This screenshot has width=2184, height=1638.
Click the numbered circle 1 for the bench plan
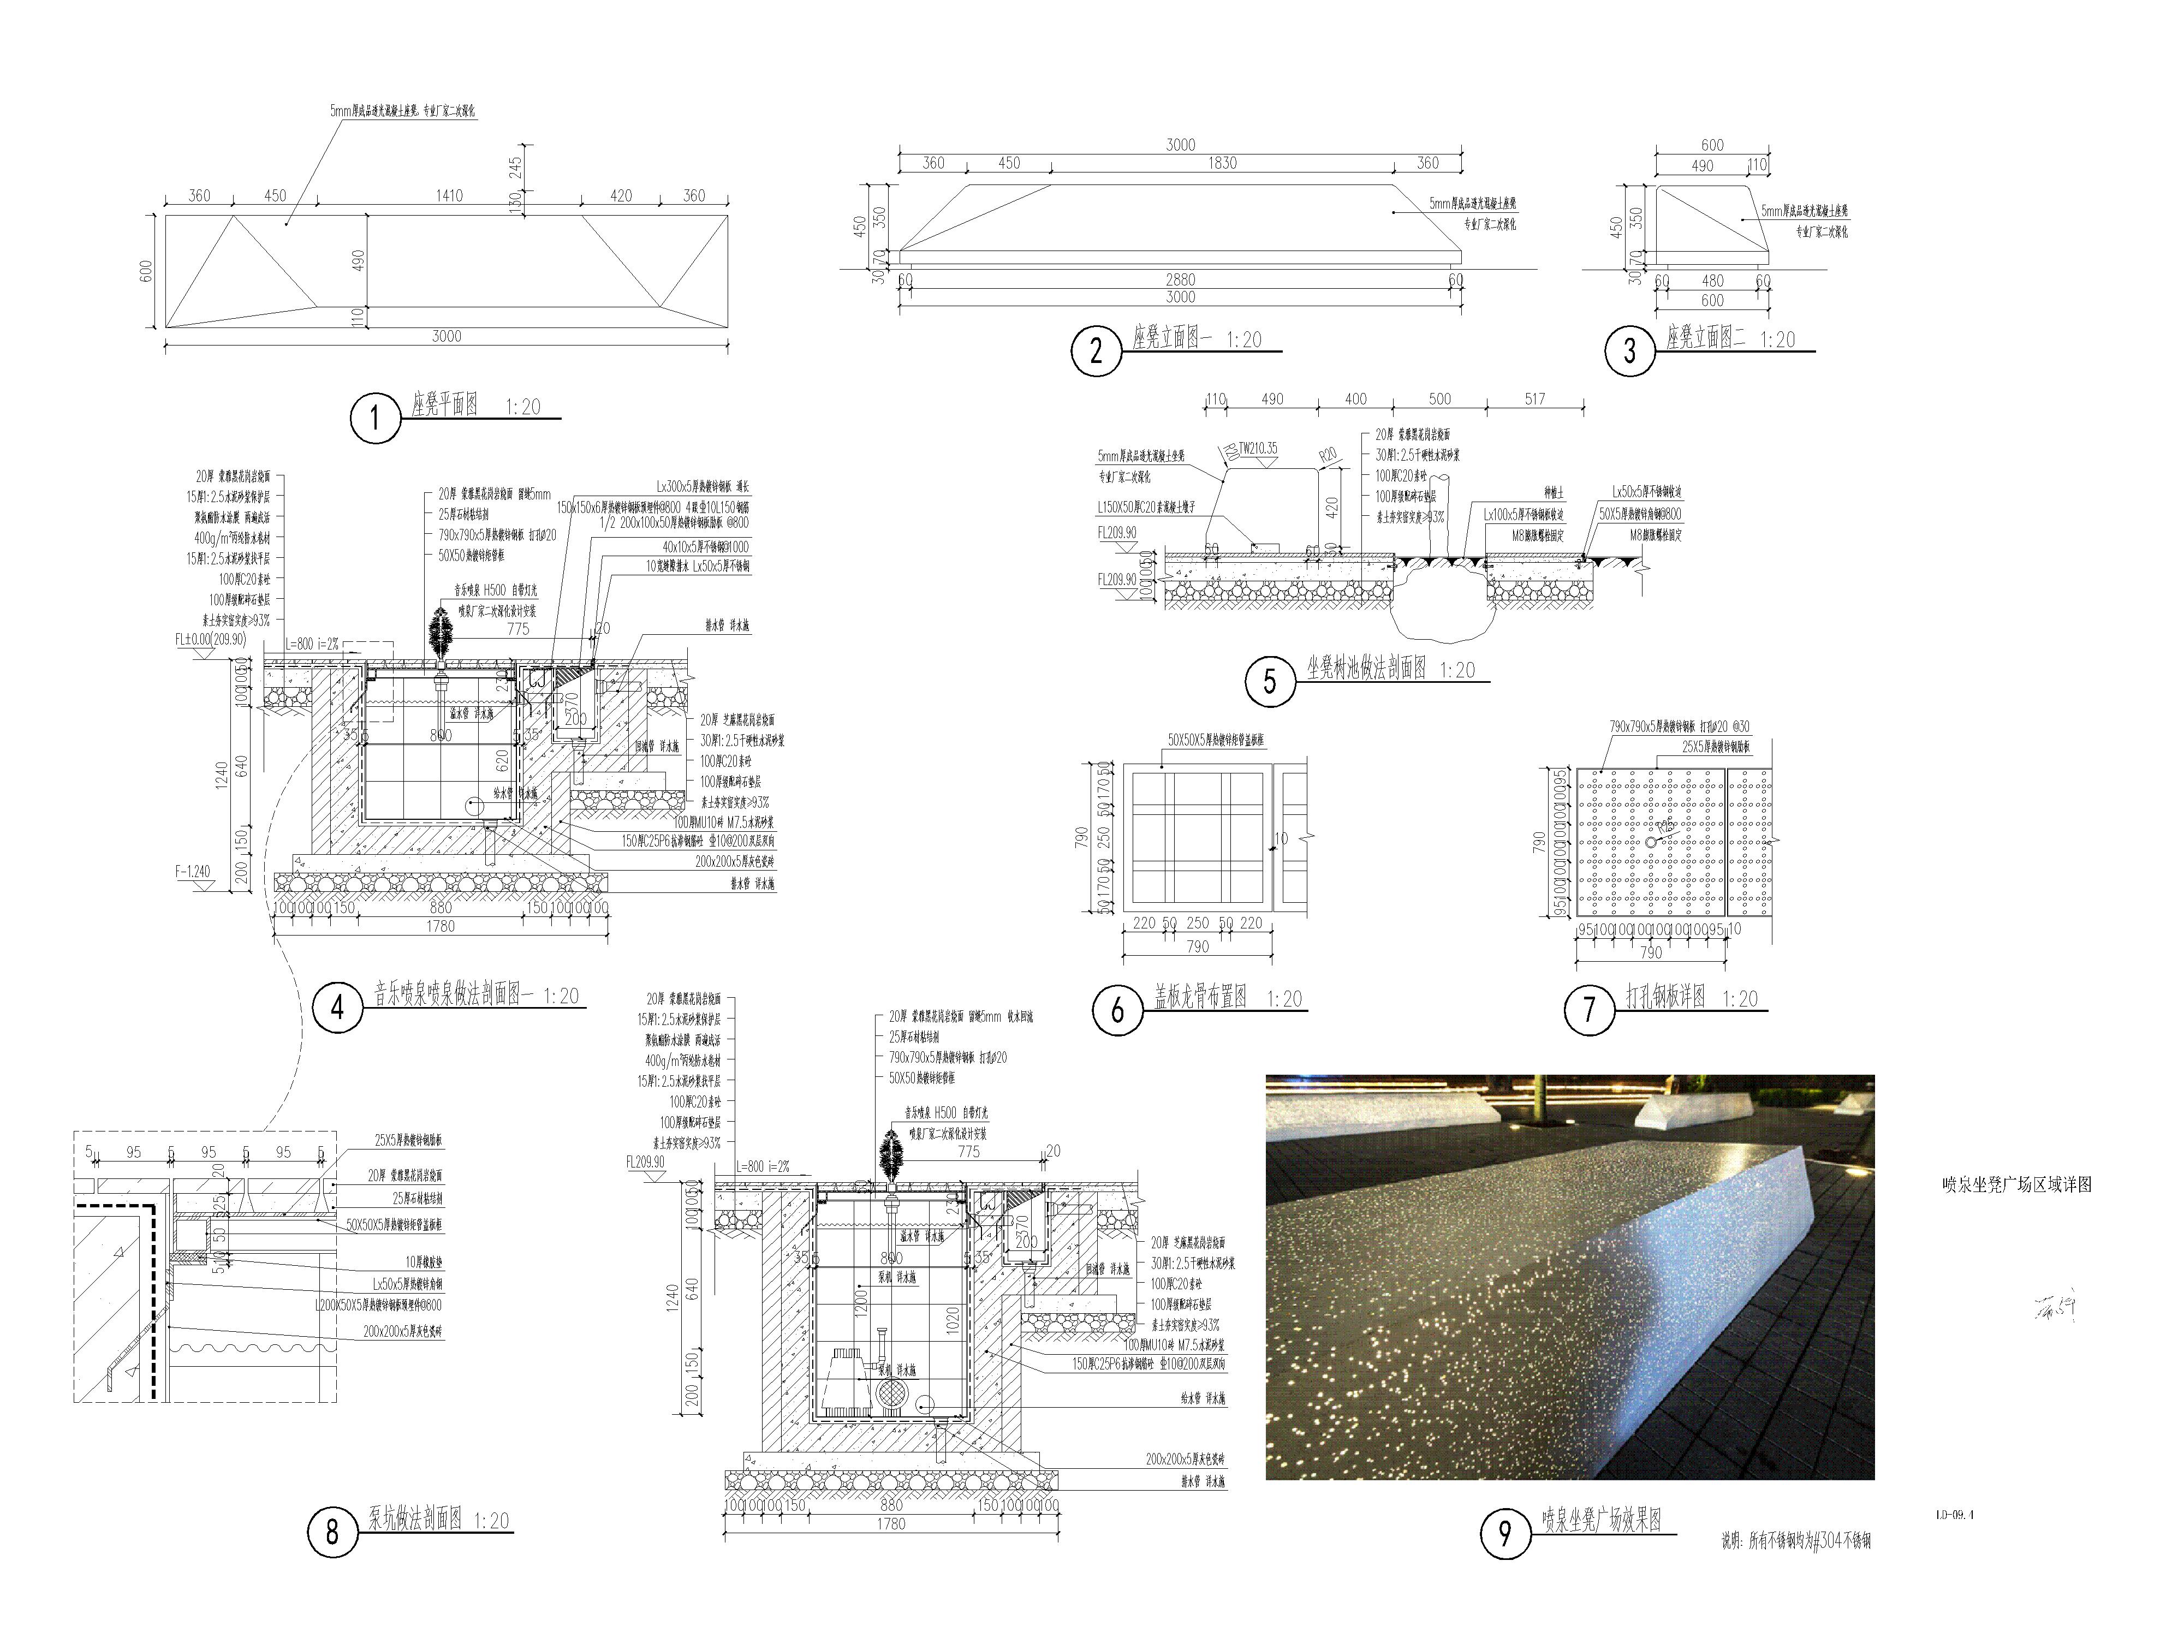click(x=375, y=419)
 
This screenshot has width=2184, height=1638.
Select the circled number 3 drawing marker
click(x=1629, y=350)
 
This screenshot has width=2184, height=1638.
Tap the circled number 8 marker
click(x=332, y=1532)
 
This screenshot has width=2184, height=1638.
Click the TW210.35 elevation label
click(x=1259, y=448)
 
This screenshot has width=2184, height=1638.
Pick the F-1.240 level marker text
click(x=193, y=872)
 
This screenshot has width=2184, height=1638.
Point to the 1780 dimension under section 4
click(x=441, y=926)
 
